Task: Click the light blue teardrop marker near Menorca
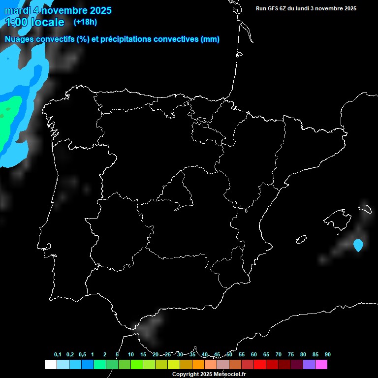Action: [358, 245]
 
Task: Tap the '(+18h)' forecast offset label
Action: [85, 22]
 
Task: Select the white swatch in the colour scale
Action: [50, 365]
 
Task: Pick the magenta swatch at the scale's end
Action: [321, 365]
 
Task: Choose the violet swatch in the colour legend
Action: [309, 365]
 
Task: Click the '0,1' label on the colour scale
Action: [58, 355]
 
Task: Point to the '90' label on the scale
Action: [328, 355]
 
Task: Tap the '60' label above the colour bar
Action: [254, 355]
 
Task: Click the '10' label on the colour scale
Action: [131, 355]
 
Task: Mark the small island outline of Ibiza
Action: [301, 240]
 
